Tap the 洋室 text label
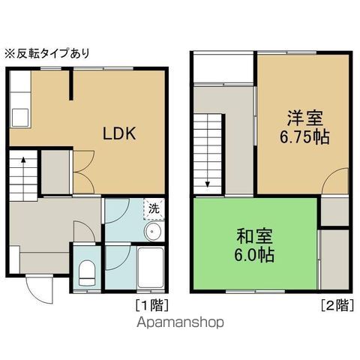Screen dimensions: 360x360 [304, 119]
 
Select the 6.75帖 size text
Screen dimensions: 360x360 [304, 137]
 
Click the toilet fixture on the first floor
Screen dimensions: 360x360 [87, 271]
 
